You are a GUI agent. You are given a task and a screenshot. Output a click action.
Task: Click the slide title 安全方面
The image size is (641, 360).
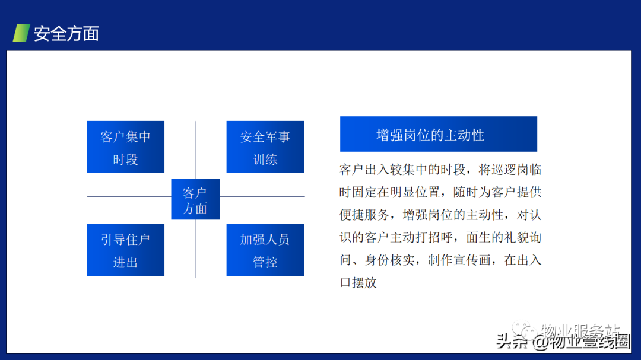click(66, 33)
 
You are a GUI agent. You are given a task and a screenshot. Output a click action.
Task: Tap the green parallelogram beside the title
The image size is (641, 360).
click(21, 33)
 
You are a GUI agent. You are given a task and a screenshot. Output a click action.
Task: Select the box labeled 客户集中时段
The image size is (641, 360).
click(125, 146)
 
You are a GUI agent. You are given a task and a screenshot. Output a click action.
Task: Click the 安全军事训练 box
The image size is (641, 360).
click(265, 146)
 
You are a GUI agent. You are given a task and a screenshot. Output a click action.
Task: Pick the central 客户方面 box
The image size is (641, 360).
click(195, 199)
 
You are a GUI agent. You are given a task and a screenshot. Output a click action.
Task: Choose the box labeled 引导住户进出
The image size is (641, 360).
click(125, 250)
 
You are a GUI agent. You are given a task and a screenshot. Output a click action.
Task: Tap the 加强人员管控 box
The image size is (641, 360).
click(265, 250)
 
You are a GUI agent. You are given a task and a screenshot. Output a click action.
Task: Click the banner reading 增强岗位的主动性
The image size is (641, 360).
click(438, 134)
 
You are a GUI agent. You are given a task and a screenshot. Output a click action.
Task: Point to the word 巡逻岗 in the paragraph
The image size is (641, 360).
click(510, 170)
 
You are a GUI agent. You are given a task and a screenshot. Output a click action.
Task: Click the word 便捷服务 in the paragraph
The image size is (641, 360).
click(364, 215)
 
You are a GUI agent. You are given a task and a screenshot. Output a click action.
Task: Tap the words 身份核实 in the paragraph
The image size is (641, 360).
click(389, 260)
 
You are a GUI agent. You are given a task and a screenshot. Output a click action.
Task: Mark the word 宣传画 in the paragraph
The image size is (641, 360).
click(472, 260)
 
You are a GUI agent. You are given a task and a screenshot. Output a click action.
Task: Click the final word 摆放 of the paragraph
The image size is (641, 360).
click(364, 282)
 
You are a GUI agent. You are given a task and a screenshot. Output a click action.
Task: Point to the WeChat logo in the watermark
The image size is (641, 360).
click(523, 330)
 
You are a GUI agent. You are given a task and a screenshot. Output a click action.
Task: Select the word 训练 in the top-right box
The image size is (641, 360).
click(265, 160)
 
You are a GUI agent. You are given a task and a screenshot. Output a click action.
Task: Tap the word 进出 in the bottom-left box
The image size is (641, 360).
click(125, 262)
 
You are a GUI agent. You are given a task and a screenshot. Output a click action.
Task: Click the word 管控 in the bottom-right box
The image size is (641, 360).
click(265, 262)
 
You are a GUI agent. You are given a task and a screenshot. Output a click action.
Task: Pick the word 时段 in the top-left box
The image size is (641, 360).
click(125, 160)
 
